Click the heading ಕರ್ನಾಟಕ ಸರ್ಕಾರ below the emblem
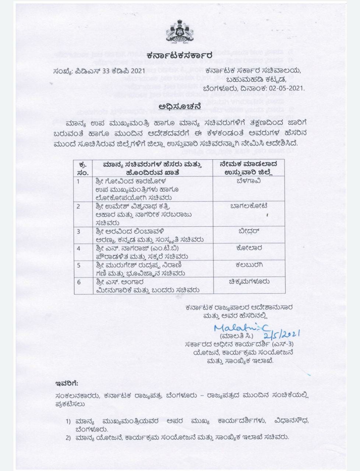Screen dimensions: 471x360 [179, 56]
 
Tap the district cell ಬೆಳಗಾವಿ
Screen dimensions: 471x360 [249, 181]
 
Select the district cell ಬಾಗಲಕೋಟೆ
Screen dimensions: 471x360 [249, 206]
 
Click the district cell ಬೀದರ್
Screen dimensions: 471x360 [249, 231]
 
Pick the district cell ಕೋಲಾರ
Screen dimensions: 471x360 [249, 248]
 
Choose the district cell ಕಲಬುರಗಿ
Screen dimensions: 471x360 [249, 265]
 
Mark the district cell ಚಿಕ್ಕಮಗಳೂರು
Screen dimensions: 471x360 [249, 281]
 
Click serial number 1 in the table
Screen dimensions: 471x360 [78, 181]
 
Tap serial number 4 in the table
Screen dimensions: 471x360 [78, 248]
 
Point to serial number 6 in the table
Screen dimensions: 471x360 [78, 281]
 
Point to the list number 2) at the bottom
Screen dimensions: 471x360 [68, 438]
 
